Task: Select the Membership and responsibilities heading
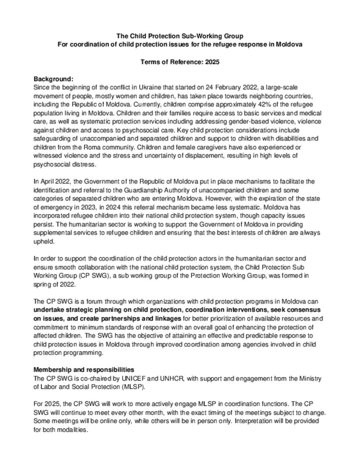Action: [x=84, y=370]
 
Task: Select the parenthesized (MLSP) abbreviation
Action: [x=132, y=387]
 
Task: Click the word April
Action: [x=49, y=181]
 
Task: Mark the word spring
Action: [x=42, y=284]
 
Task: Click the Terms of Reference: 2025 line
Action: [x=180, y=62]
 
